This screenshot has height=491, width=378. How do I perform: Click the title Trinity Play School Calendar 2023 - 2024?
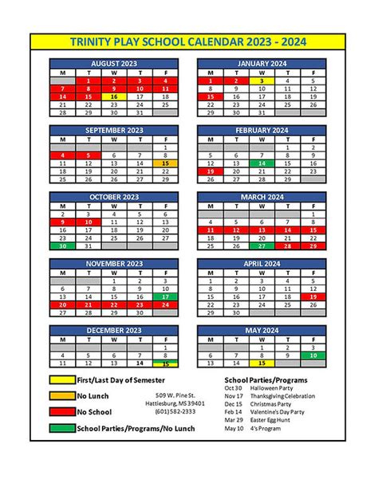(x=188, y=41)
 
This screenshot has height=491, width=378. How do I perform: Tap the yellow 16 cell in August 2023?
(x=115, y=96)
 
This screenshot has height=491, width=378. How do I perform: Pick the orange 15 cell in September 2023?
(x=166, y=163)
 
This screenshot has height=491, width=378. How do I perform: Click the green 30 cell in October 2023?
(x=62, y=246)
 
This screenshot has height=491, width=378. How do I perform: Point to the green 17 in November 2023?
(x=166, y=297)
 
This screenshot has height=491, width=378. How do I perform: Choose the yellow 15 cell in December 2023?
(x=166, y=363)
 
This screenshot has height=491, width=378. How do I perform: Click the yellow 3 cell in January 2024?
(x=261, y=81)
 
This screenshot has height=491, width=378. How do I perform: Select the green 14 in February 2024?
(x=261, y=163)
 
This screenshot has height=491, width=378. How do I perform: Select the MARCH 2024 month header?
(x=261, y=196)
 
